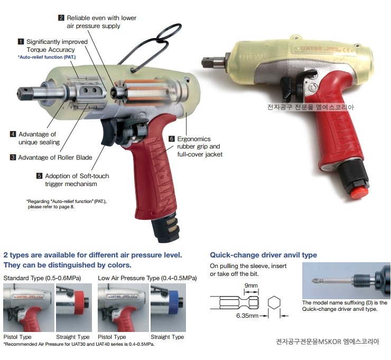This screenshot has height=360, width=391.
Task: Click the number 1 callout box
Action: coord(21,41)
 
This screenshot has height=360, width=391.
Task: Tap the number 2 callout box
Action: coord(61,18)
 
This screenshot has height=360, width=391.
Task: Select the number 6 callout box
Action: coord(171,139)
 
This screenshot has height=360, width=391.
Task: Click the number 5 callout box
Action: coord(39,176)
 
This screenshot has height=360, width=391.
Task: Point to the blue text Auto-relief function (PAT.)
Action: coord(46,57)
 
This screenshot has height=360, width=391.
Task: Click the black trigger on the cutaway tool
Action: coord(108,132)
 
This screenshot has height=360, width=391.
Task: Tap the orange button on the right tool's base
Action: coord(359,192)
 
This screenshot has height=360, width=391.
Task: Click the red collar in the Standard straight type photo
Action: coord(79,302)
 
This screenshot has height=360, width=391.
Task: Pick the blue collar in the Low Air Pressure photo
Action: coord(173,302)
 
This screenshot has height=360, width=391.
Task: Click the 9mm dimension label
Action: coord(251,285)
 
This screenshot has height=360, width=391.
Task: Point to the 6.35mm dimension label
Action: coord(247,316)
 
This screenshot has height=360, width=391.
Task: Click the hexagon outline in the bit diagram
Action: coord(274,302)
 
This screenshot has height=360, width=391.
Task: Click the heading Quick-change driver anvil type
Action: coord(263,255)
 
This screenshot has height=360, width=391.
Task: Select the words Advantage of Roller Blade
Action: coord(55,158)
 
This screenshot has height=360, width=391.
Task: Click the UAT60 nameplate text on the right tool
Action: coord(311,48)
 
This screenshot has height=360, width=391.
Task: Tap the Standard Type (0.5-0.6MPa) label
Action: coord(42,278)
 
